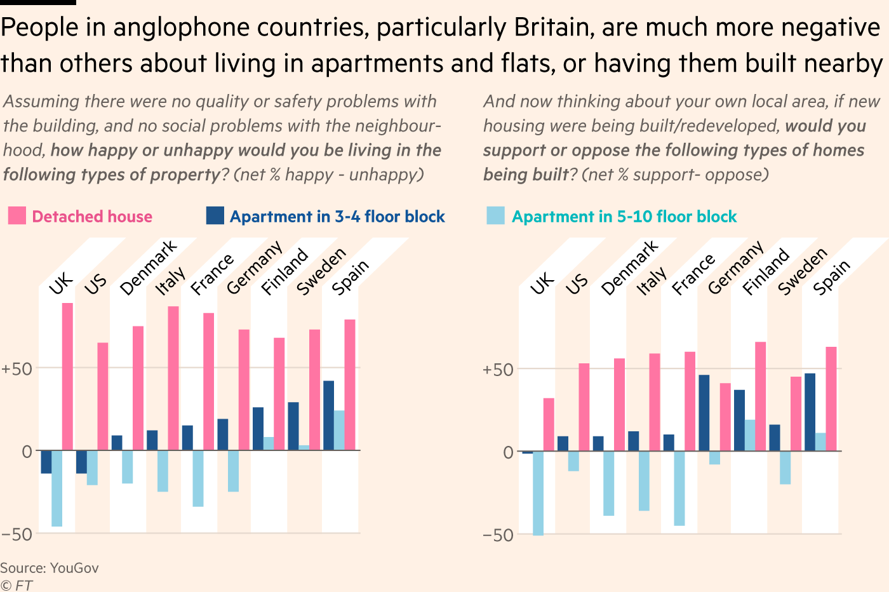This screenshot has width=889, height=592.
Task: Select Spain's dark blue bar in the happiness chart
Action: pos(328,415)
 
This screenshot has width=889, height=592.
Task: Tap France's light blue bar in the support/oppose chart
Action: pos(679,488)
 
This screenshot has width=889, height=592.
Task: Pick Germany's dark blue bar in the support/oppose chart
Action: pos(704,413)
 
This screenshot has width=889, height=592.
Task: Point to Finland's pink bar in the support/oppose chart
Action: pos(760,396)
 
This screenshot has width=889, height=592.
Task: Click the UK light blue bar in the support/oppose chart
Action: pos(538,493)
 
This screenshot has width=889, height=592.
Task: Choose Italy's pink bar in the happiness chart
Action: pos(173,378)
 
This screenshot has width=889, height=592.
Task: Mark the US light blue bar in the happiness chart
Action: pos(92,468)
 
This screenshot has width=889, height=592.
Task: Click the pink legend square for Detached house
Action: pos(17,216)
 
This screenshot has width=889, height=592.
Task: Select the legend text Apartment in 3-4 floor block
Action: pos(337,217)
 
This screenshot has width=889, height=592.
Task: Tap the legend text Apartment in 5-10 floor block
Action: pos(624,217)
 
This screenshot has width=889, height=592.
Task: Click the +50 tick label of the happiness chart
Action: pos(17,369)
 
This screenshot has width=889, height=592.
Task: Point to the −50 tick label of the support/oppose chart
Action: pos(498,535)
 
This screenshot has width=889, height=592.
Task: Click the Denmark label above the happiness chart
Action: pos(149,268)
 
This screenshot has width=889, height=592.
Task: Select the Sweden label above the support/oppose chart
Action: pos(803,272)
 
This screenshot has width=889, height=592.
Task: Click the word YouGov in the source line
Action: pos(74,568)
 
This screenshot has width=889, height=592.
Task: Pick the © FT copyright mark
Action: pos(16,585)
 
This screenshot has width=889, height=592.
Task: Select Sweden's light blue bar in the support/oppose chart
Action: pos(785,468)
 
